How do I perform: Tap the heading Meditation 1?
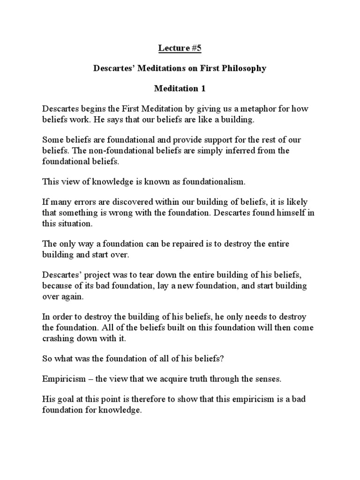(x=180, y=89)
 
